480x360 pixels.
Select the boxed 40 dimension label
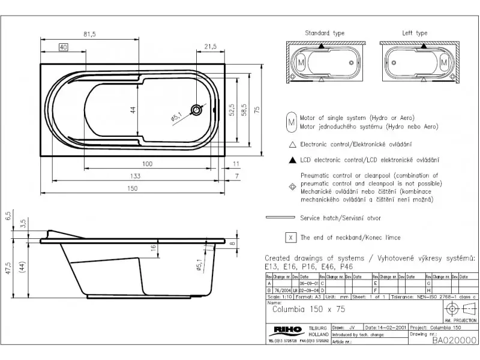click(63, 47)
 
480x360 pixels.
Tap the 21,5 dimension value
click(210, 47)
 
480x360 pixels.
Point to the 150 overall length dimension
click(133, 188)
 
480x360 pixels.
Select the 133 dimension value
click(136, 176)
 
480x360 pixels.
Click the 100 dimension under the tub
click(147, 164)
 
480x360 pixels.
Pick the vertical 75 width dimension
click(256, 110)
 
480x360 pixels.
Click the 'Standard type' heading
click(325, 33)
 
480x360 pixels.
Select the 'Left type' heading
click(415, 33)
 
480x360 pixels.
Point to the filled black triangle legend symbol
click(292, 160)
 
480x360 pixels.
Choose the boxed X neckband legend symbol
click(292, 238)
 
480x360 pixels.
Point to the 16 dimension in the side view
click(153, 247)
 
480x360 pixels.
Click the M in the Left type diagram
click(443, 62)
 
